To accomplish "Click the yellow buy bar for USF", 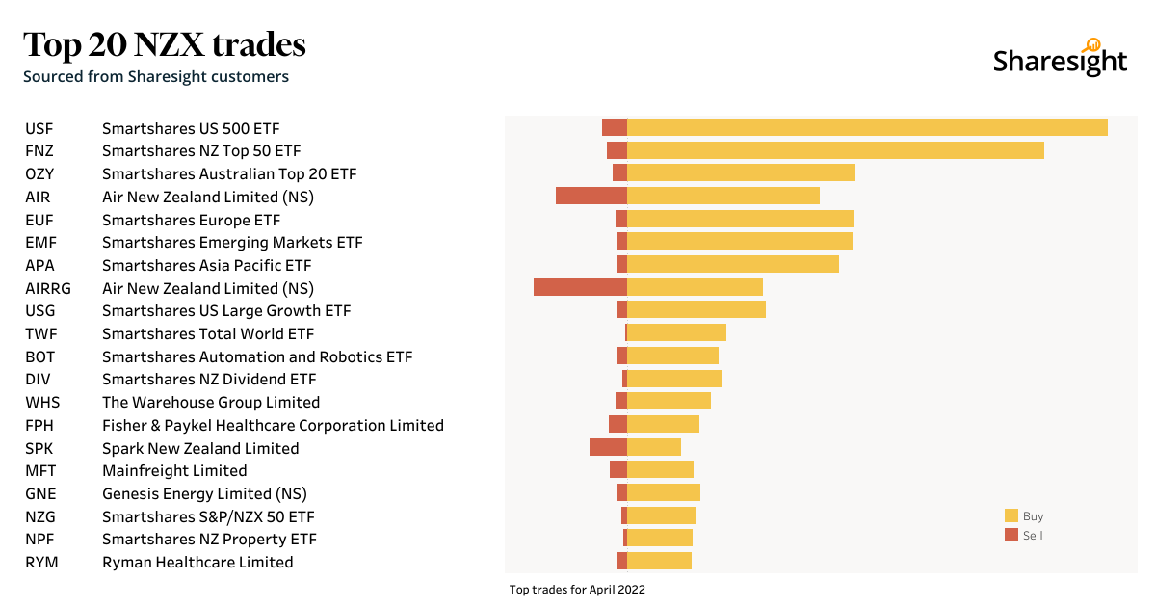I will coord(867,127).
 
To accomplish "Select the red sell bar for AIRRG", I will coord(580,287).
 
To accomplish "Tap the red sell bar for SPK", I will coord(608,447).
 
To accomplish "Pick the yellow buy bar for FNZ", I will coord(835,150).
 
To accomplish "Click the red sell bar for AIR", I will coord(591,196).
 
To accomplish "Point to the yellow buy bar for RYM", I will coord(659,561).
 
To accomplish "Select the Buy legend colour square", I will coord(1011,515).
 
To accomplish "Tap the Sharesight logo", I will coord(1060,60).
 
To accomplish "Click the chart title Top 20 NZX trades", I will coord(165,44).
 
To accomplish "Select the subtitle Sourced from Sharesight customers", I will coord(156,76).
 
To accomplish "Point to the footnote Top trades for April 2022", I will coord(577,589).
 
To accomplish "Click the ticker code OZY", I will coord(39,173).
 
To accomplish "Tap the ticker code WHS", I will coord(42,402).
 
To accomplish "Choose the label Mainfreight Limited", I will coord(174,470).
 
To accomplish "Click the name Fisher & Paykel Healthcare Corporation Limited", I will coord(273,425).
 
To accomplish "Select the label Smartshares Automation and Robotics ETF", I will coord(257,356).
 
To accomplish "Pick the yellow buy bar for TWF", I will coord(676,332).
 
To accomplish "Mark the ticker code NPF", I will coord(40,539).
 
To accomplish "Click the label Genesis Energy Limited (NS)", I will coord(204,493).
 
